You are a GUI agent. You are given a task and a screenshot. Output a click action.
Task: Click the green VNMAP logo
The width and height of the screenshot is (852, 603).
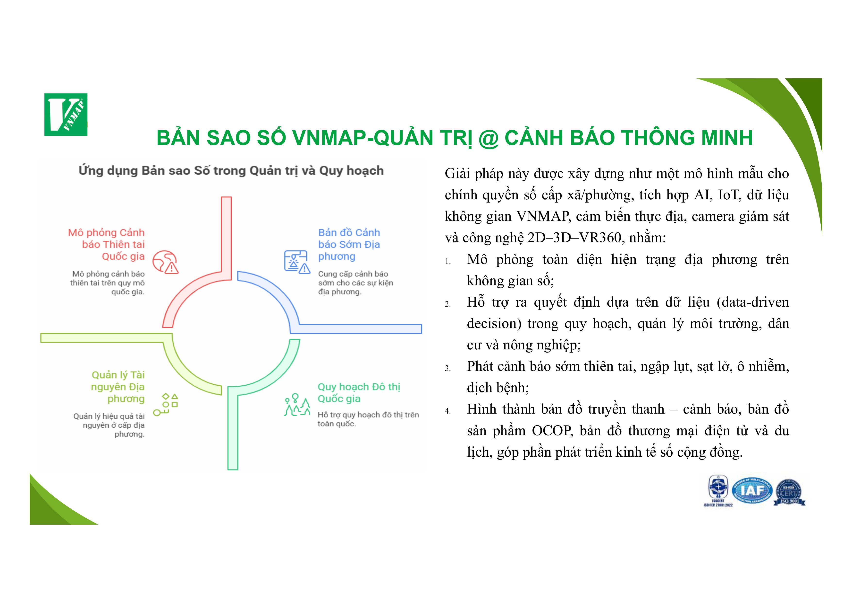coord(66,115)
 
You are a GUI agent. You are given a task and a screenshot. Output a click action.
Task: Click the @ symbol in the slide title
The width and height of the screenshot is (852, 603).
coord(489,139)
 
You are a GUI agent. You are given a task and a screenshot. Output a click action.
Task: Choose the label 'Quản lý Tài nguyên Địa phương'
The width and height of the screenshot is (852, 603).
coord(118,387)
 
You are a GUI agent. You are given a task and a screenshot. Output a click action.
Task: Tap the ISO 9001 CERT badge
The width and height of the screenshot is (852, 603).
coord(789,492)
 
